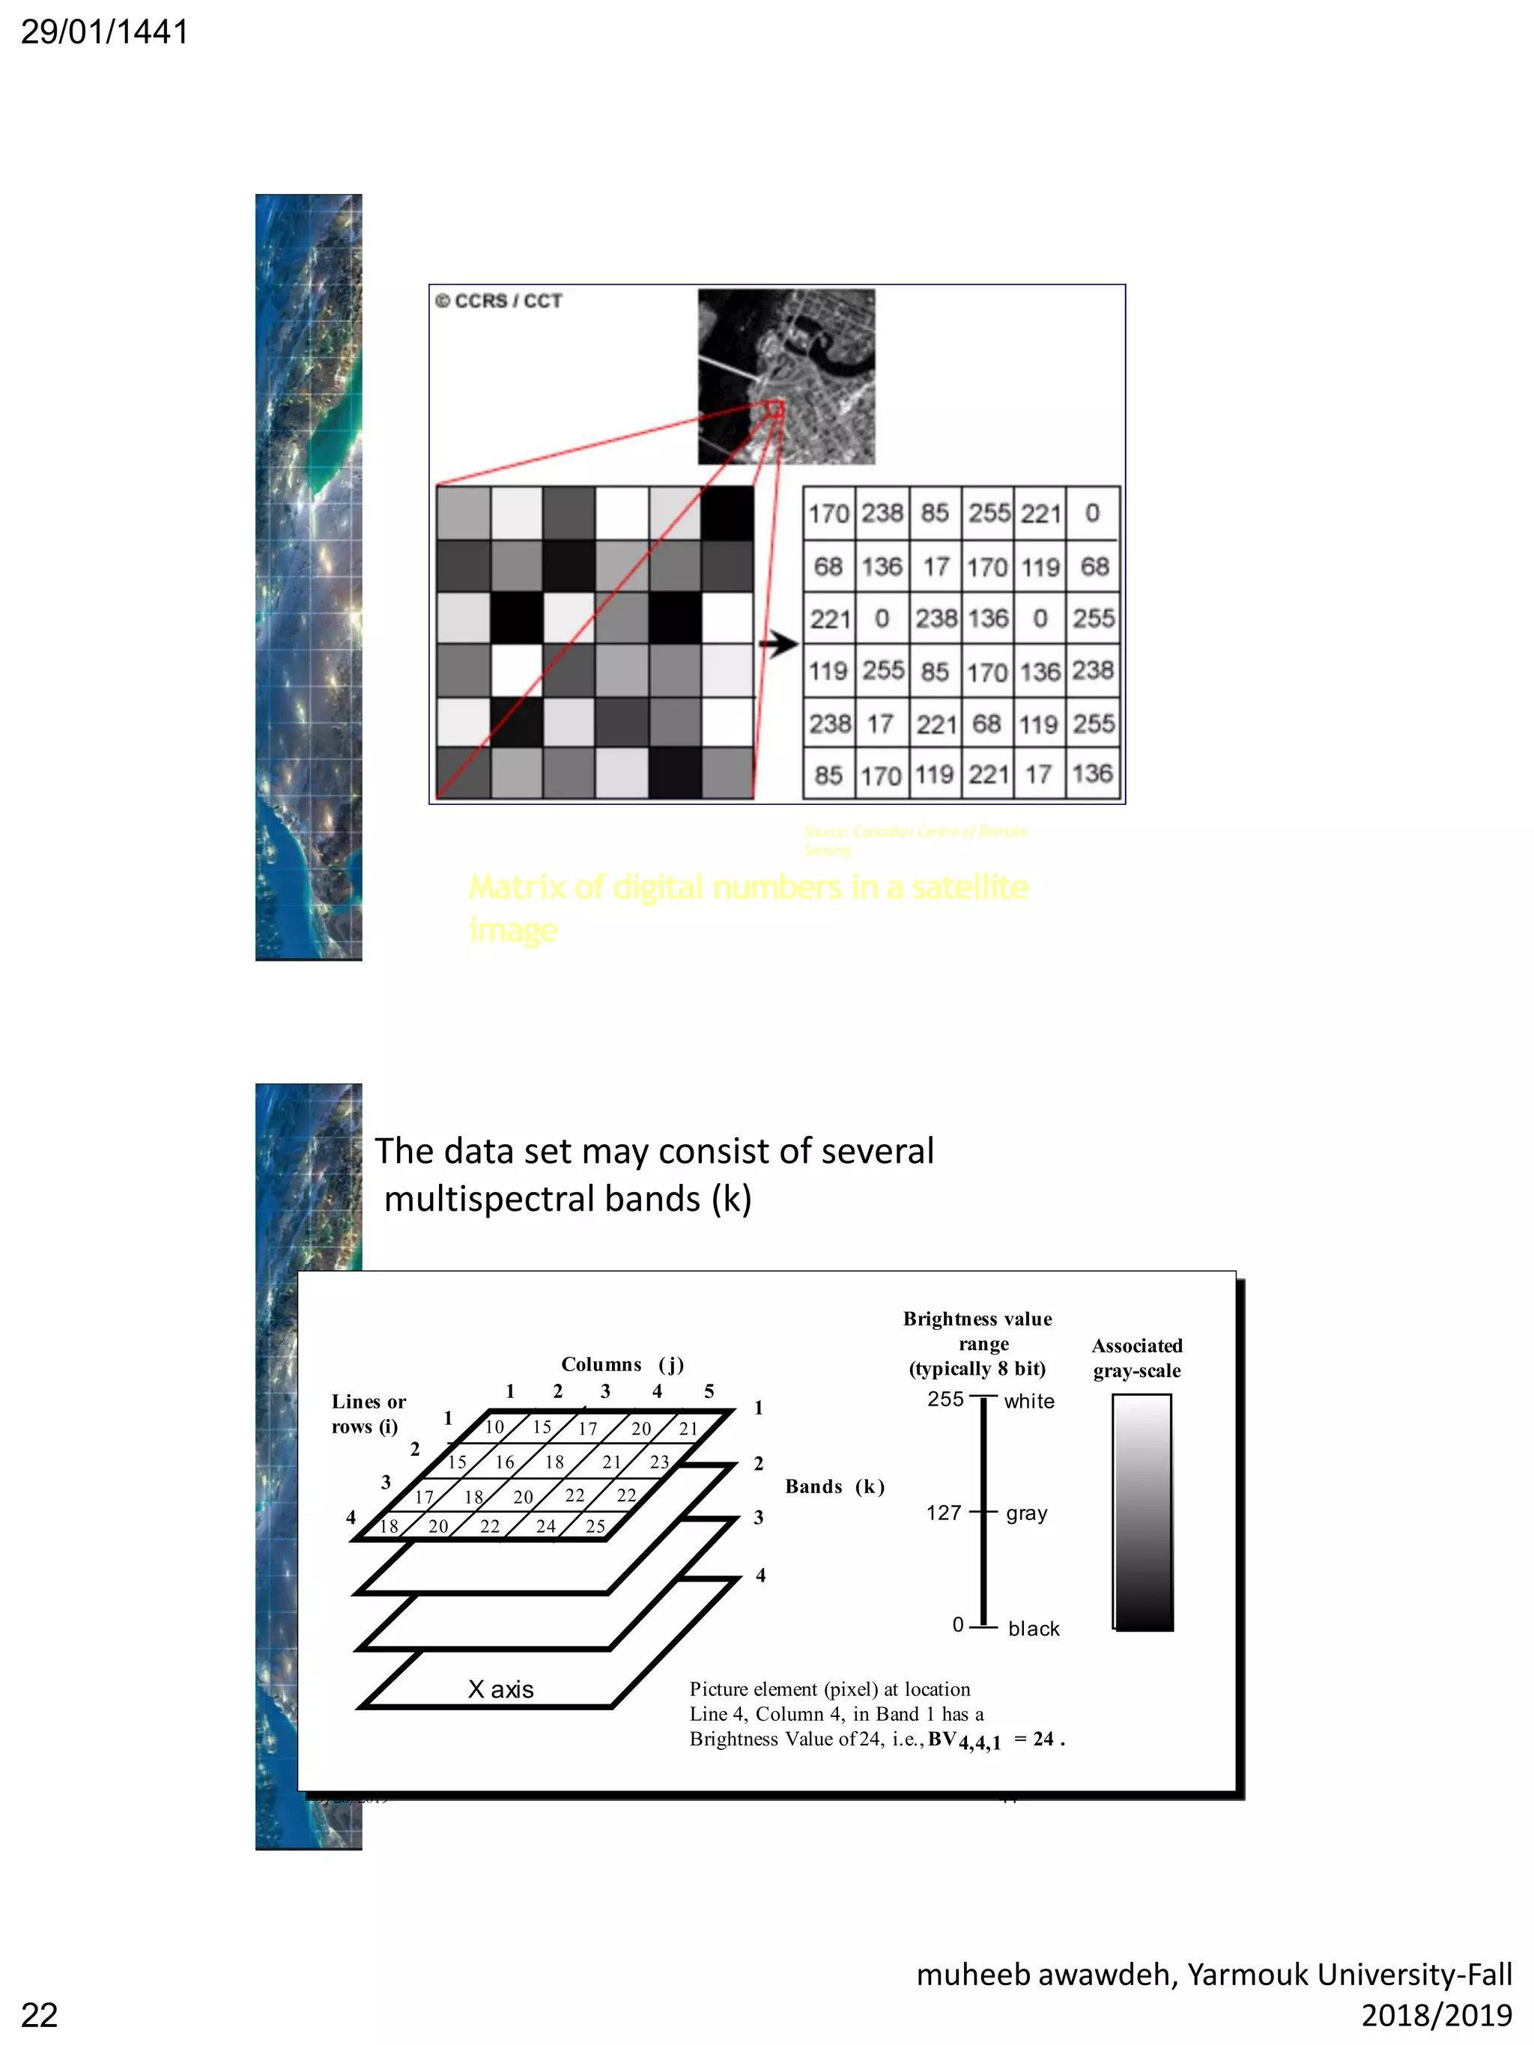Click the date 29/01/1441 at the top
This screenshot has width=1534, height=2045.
click(104, 31)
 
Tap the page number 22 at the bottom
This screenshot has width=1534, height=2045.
click(40, 2015)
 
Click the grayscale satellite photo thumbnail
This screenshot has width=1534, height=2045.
click(786, 376)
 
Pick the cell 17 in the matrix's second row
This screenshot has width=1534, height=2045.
click(936, 567)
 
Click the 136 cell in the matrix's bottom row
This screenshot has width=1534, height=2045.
click(1092, 774)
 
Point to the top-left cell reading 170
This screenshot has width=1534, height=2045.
click(828, 513)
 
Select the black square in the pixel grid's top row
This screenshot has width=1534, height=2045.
click(727, 513)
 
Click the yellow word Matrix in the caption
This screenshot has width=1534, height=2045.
click(516, 887)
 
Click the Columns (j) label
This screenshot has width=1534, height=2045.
click(622, 1364)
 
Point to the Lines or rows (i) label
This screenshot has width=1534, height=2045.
click(368, 1414)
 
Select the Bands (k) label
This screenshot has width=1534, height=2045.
click(834, 1486)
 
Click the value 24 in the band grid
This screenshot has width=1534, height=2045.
click(545, 1526)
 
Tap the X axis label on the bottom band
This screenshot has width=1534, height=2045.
click(500, 1690)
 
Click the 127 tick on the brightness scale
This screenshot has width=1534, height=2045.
click(944, 1513)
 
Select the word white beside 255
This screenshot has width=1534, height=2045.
click(1028, 1402)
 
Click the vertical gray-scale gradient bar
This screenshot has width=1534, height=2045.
click(1142, 1513)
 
